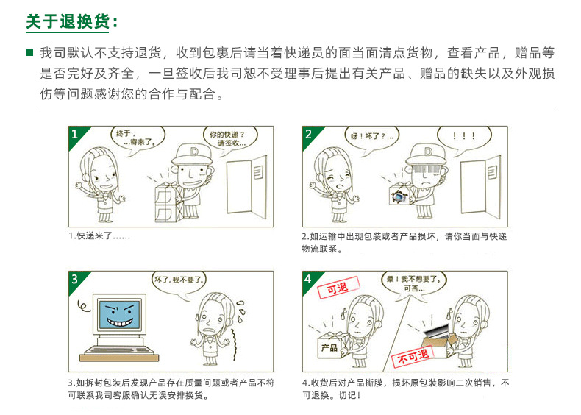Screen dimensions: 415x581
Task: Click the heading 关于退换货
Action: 71,21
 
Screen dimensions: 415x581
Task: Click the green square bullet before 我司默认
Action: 29,54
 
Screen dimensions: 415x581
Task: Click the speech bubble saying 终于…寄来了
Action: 132,138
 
